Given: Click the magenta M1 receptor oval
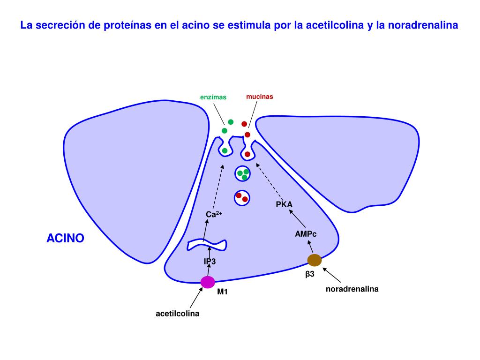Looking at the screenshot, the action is (x=208, y=282).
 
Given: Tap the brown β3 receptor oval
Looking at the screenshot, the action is (x=315, y=260).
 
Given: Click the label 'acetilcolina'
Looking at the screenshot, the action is (x=178, y=314).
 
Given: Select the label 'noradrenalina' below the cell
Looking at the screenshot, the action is (x=352, y=289).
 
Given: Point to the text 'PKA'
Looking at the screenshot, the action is (x=284, y=204).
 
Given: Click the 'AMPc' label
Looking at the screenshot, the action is (x=306, y=234).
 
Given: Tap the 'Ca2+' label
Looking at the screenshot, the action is (x=214, y=214).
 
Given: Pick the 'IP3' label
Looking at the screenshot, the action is (x=210, y=262).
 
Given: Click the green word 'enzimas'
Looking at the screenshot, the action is (x=213, y=97).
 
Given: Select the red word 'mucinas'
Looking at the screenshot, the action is (x=260, y=97).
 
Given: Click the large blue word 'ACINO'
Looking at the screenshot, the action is (x=65, y=238).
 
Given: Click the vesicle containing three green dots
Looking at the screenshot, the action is (x=242, y=174).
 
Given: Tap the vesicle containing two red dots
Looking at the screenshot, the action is (x=242, y=198).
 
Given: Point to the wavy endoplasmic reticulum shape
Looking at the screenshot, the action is (x=207, y=245).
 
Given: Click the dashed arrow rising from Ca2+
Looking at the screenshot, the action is (x=218, y=187).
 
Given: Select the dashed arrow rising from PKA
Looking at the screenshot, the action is (x=270, y=181).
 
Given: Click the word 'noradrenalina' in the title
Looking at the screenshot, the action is (x=423, y=25).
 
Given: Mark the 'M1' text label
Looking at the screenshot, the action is (x=223, y=292).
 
